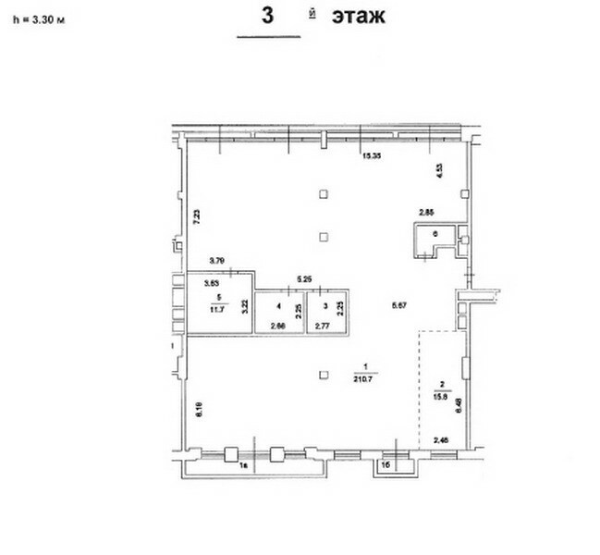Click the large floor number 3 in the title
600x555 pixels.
[268, 16]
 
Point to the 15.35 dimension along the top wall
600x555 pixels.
[372, 155]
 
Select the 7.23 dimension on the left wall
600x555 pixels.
[195, 218]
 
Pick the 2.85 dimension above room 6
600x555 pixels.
[426, 214]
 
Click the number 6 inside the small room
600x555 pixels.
[435, 234]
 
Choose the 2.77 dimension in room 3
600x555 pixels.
[322, 327]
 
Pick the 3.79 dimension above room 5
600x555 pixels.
[217, 260]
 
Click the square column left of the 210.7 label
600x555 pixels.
[322, 375]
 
